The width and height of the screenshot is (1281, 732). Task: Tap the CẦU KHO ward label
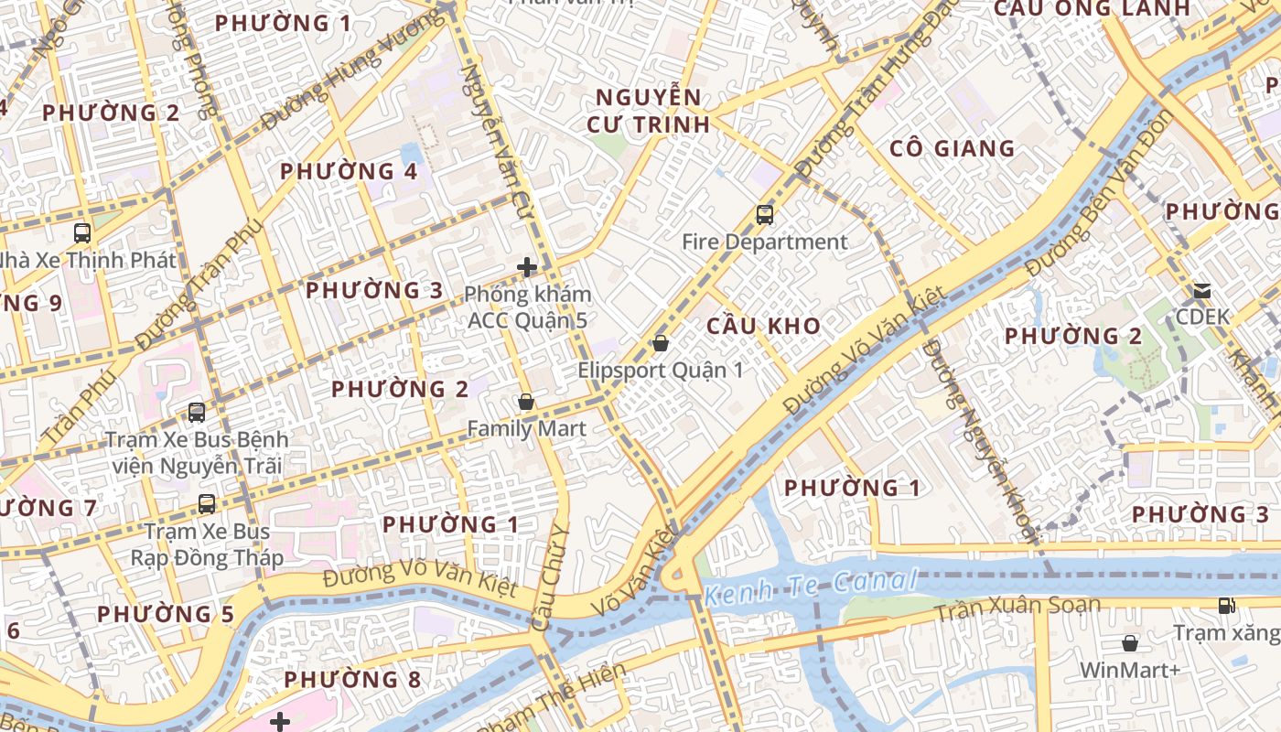pyautogui.click(x=764, y=326)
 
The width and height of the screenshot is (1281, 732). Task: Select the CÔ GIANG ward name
pyautogui.click(x=953, y=148)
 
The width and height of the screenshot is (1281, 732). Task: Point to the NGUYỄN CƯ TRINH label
pyautogui.click(x=648, y=111)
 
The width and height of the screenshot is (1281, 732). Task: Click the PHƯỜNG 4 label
pyautogui.click(x=349, y=171)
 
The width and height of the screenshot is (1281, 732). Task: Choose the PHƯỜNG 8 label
pyautogui.click(x=352, y=680)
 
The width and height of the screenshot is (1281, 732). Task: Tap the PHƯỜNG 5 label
pyautogui.click(x=166, y=614)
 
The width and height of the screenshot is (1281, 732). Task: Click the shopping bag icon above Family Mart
pyautogui.click(x=526, y=402)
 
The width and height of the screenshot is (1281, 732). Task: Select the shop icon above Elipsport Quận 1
pyautogui.click(x=660, y=343)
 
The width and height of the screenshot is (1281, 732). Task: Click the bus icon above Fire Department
pyautogui.click(x=765, y=215)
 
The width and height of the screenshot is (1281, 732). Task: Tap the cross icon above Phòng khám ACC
pyautogui.click(x=527, y=267)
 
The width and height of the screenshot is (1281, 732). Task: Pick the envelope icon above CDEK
pyautogui.click(x=1202, y=291)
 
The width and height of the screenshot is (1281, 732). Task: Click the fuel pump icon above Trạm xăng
pyautogui.click(x=1226, y=605)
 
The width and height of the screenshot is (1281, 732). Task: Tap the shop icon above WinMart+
pyautogui.click(x=1130, y=643)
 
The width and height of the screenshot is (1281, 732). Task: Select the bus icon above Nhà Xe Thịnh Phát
pyautogui.click(x=82, y=232)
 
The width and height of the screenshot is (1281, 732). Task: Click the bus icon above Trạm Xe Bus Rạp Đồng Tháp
pyautogui.click(x=207, y=503)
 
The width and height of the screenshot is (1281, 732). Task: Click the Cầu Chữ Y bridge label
pyautogui.click(x=551, y=578)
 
